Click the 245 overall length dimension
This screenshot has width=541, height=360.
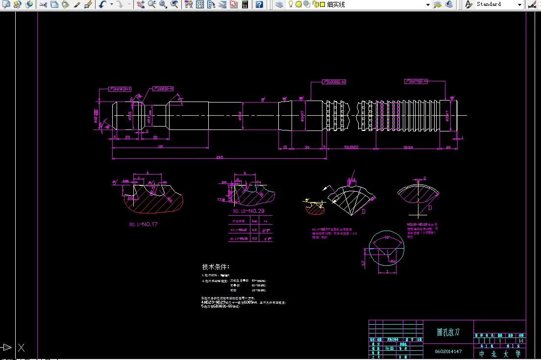tap(219, 157)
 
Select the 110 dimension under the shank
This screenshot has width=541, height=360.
tap(160, 147)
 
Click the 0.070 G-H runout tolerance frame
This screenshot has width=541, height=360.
tap(417, 81)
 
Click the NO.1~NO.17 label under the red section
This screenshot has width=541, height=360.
tap(144, 224)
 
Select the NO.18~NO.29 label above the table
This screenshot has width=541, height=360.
tap(248, 211)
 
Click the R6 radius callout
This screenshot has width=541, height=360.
tap(393, 261)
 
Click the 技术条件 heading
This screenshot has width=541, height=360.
tap(216, 267)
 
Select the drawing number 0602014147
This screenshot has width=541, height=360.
tap(448, 351)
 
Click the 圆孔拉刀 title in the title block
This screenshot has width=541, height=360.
tap(448, 332)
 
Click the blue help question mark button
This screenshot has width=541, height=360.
tap(259, 4)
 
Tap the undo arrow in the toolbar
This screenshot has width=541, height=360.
tap(102, 4)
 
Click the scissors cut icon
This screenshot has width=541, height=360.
tap(43, 4)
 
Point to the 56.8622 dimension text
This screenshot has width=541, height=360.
tap(351, 147)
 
